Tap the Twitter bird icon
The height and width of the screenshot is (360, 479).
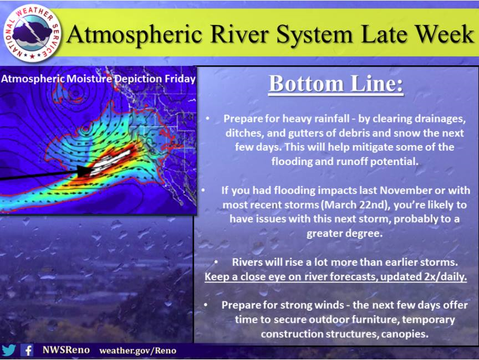[x=8, y=350]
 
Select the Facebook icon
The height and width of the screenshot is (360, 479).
[x=27, y=350]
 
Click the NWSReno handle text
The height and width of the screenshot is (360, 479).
[x=66, y=350]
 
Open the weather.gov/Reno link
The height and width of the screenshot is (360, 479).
[x=138, y=351]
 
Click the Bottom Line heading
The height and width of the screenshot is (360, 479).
[x=336, y=84]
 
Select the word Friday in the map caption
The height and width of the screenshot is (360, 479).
[x=180, y=79]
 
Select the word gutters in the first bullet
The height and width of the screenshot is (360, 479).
[x=307, y=133]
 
